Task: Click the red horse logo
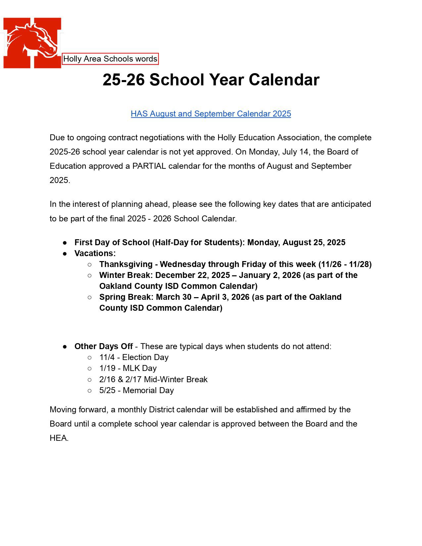32,43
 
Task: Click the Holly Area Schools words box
110,59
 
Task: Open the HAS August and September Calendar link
211,114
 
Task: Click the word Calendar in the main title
284,80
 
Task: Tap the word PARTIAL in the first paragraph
149,166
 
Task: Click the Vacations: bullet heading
95,253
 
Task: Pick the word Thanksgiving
126,264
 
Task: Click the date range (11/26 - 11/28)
345,264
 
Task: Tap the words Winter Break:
126,275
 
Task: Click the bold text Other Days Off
104,346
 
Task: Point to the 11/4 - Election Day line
134,357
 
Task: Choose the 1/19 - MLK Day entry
128,368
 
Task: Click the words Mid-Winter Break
176,380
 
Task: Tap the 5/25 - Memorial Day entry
136,390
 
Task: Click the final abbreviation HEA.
59,438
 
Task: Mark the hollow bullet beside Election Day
89,357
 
